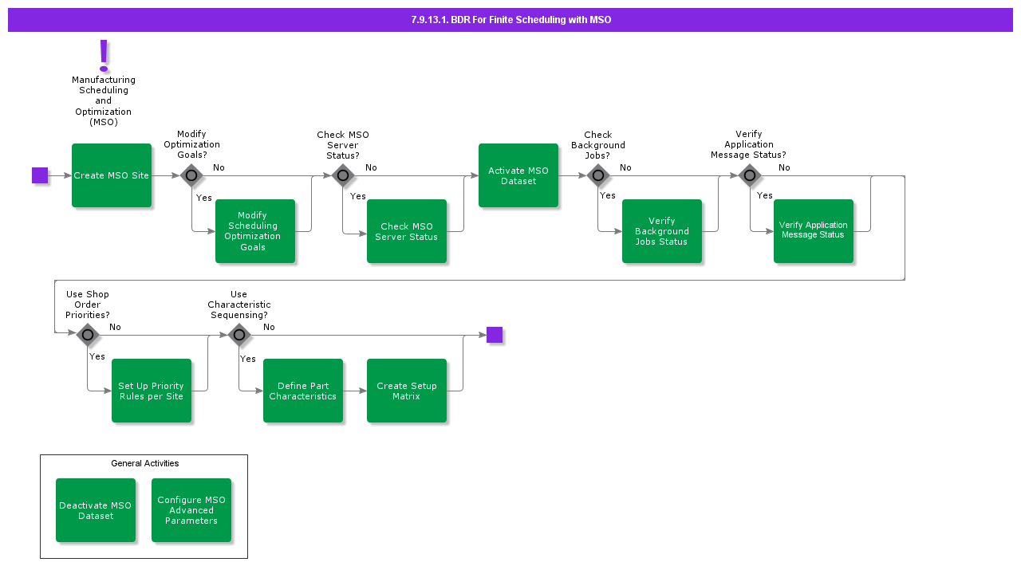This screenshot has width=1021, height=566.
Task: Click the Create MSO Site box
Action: (x=112, y=175)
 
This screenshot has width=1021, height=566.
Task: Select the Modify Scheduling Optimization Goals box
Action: (x=255, y=231)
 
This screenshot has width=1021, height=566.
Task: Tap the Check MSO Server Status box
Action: (x=407, y=231)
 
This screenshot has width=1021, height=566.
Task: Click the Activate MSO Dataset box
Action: (x=518, y=175)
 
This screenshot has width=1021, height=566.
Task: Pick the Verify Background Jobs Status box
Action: (x=662, y=231)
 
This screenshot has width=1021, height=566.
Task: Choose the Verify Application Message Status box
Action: (x=814, y=231)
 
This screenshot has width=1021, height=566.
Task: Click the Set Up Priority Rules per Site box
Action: (x=152, y=391)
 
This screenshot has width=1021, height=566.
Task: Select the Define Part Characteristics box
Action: (x=303, y=391)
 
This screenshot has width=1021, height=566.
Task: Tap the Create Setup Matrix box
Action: (x=407, y=391)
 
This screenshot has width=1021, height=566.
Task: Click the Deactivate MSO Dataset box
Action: (x=96, y=510)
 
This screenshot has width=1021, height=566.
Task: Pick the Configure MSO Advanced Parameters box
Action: (x=191, y=510)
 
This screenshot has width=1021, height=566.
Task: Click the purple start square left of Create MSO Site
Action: (x=40, y=175)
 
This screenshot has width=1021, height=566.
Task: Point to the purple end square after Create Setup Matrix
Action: (x=495, y=335)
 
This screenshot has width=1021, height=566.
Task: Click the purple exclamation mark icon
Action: (x=104, y=56)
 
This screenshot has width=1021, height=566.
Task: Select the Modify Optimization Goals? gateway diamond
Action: (x=191, y=175)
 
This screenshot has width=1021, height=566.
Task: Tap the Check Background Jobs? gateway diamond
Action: (x=598, y=175)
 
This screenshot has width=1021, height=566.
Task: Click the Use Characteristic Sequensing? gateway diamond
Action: (x=239, y=335)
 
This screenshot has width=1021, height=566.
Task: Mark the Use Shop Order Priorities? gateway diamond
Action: (x=88, y=335)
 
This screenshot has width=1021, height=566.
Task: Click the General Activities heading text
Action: (x=144, y=463)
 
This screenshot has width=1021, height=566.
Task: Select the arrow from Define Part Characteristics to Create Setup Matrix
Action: (x=355, y=391)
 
